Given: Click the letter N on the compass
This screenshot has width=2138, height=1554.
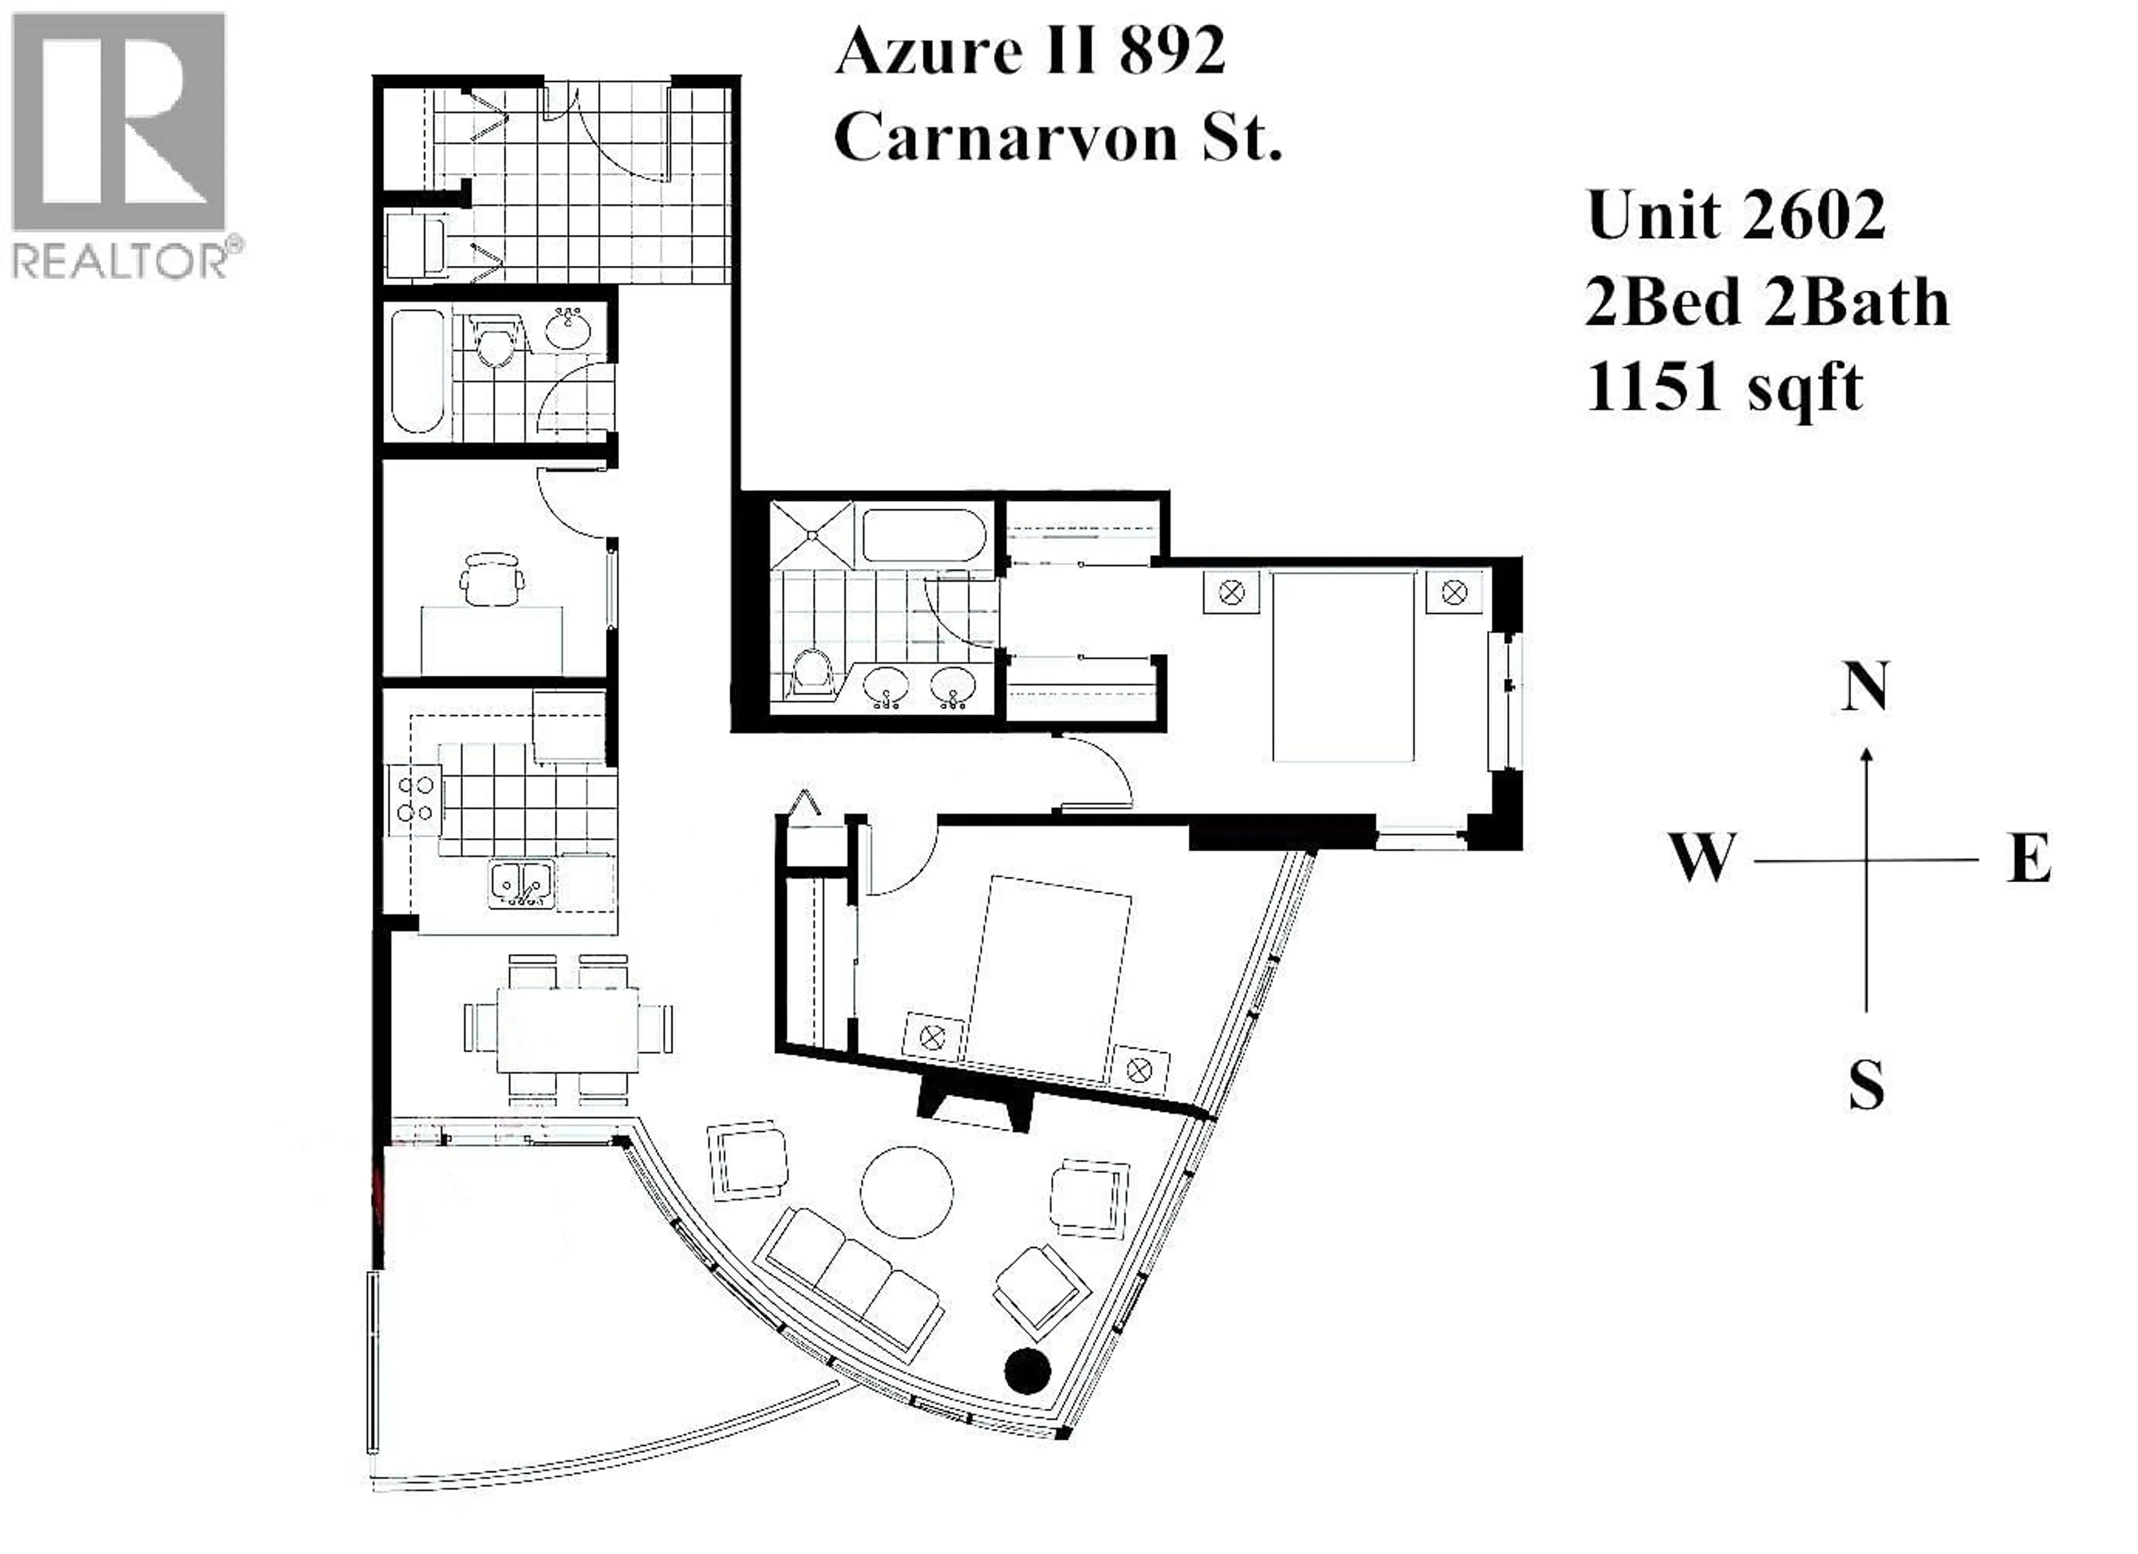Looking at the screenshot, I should [1865, 686].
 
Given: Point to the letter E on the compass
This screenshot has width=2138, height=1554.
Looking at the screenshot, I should [2029, 859].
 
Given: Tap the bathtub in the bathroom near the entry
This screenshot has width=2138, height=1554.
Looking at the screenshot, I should [416, 370].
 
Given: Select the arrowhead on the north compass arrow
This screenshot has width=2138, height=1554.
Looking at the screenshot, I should [1866, 754].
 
